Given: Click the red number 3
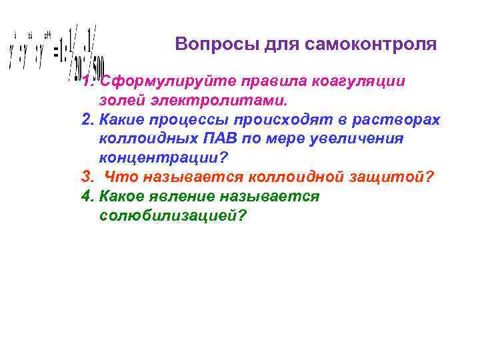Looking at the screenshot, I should (85, 177).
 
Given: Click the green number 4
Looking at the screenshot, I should (85, 197).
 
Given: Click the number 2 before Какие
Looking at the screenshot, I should (85, 120).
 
